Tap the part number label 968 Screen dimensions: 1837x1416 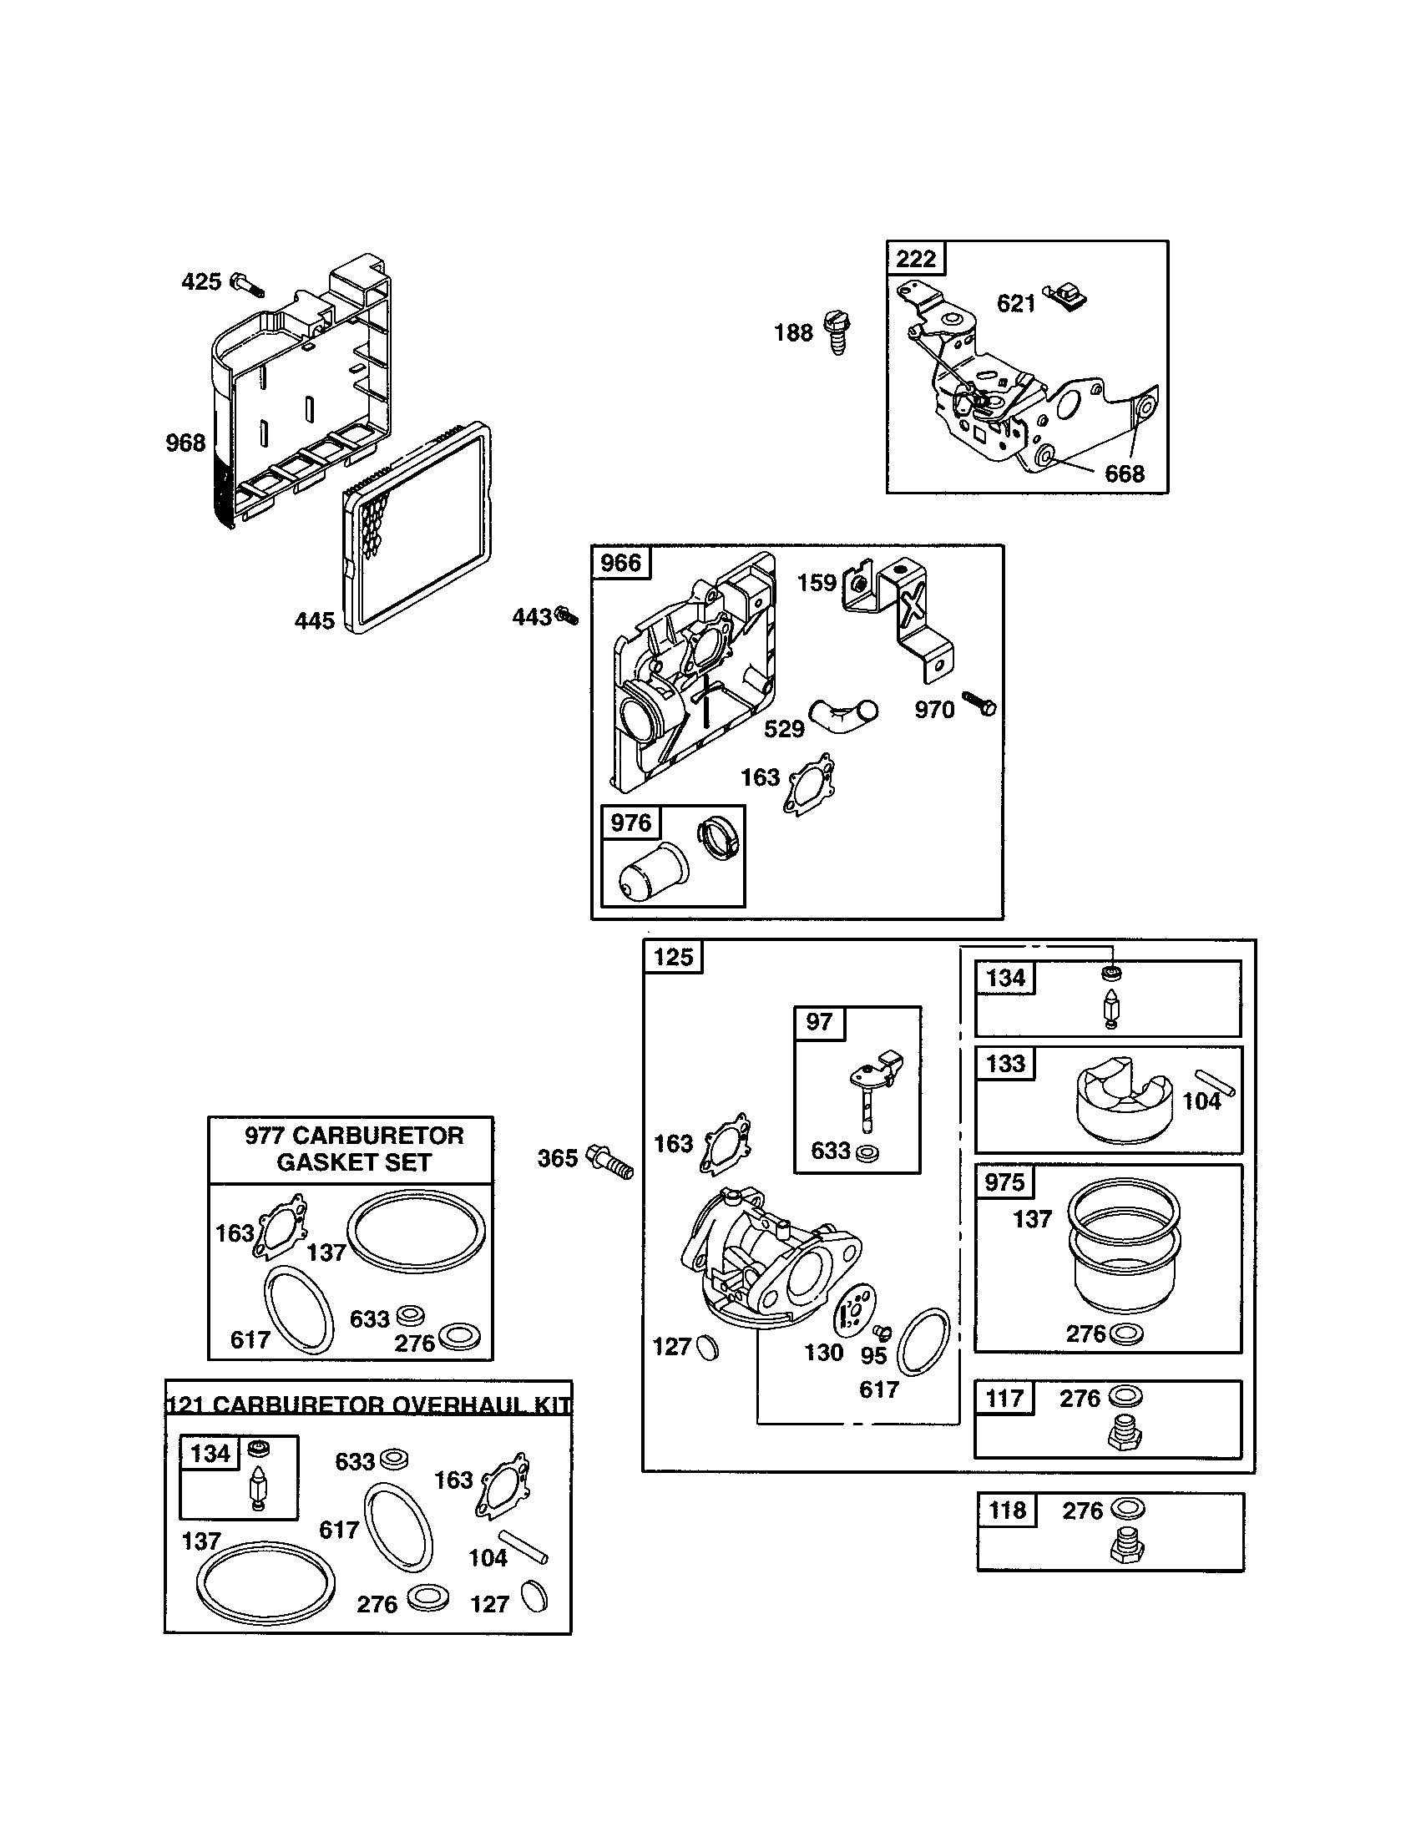[x=185, y=443]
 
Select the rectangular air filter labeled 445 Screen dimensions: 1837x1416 [x=418, y=529]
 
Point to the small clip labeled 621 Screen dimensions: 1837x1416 [x=1066, y=297]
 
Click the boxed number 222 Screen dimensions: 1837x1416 [x=916, y=258]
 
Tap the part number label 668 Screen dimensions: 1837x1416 [x=1125, y=473]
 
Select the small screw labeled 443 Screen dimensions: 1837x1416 [x=568, y=616]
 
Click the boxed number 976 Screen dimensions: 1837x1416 [x=630, y=822]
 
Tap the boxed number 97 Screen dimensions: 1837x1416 [x=819, y=1021]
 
